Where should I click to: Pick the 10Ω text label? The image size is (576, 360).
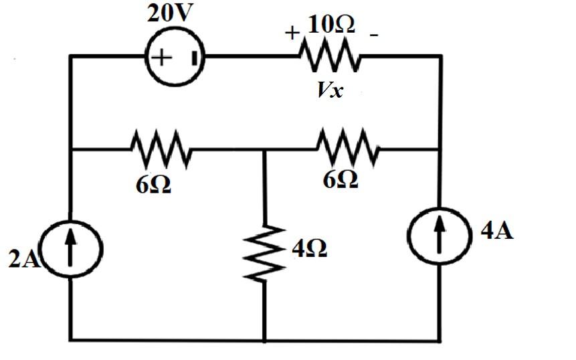pyautogui.click(x=331, y=24)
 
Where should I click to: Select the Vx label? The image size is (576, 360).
pyautogui.click(x=330, y=90)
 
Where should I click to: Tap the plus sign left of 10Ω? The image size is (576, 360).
pyautogui.click(x=292, y=33)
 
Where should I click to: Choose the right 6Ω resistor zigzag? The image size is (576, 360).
pyautogui.click(x=348, y=149)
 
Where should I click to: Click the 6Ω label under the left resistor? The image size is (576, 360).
pyautogui.click(x=153, y=185)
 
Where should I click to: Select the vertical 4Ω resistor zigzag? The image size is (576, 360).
pyautogui.click(x=266, y=252)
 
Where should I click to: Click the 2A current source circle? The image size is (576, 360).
pyautogui.click(x=72, y=248)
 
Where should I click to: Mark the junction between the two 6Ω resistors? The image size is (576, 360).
pyautogui.click(x=265, y=150)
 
